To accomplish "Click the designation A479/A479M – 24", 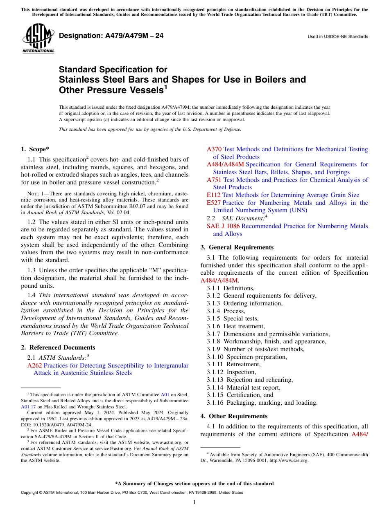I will point(111,36).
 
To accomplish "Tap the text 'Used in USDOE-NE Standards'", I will point(338,37).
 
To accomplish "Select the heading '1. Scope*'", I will point(35,150).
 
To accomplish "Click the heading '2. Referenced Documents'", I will point(58,347).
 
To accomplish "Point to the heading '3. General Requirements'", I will point(237,247).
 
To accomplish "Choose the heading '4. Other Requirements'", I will point(233,416).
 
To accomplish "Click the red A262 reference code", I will point(34,365).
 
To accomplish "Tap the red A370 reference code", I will point(214,150).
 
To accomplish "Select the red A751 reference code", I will point(214,180).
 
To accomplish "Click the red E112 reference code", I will point(214,195).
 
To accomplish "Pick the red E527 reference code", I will point(214,203).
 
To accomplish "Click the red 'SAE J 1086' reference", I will point(223,226).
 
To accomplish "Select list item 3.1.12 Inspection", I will point(231,372).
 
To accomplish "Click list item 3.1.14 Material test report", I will point(244,388).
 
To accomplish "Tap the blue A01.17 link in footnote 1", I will point(27,407).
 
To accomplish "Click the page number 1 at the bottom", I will point(194,502).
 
